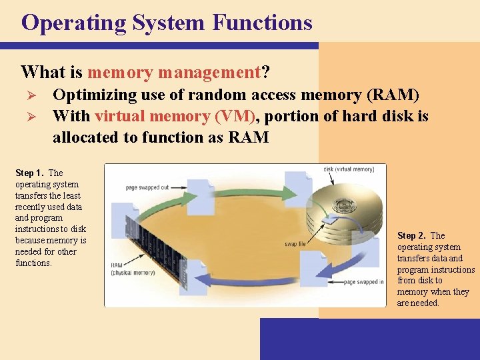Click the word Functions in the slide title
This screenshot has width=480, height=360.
263,23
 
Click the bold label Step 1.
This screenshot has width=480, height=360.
30,173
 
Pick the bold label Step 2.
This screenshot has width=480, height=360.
412,236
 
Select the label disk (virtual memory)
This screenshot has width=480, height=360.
349,169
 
